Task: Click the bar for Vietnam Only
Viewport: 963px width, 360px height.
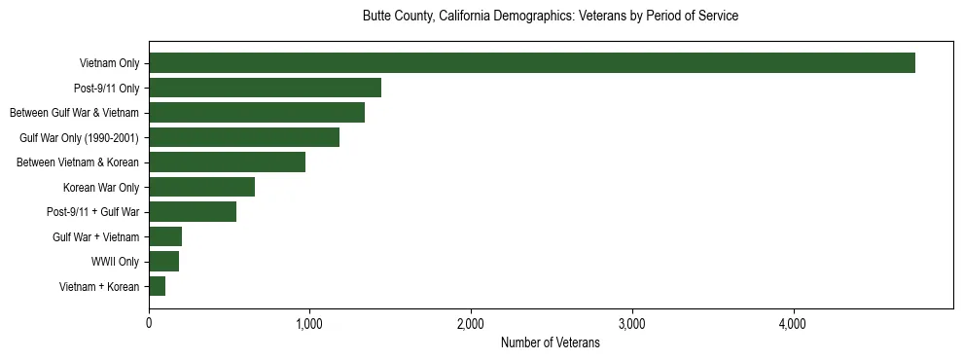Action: pyautogui.click(x=532, y=63)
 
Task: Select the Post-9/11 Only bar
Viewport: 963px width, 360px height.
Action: pyautogui.click(x=265, y=88)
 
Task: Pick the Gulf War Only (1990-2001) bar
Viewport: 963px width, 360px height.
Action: pyautogui.click(x=244, y=137)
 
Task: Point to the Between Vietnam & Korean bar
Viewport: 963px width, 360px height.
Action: pyautogui.click(x=227, y=162)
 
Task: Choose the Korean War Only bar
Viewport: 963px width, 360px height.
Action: pyautogui.click(x=201, y=187)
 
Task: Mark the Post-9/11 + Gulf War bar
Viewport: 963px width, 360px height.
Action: pyautogui.click(x=193, y=212)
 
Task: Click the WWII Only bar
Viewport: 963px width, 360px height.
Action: pyautogui.click(x=163, y=262)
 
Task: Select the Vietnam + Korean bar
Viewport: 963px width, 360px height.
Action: pyautogui.click(x=157, y=286)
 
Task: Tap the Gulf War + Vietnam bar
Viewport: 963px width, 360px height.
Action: pyautogui.click(x=165, y=236)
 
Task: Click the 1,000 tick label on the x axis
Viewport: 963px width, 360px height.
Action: pyautogui.click(x=309, y=323)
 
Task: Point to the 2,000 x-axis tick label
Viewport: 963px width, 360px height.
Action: pyautogui.click(x=471, y=323)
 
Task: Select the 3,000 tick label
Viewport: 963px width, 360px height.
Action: pyautogui.click(x=632, y=323)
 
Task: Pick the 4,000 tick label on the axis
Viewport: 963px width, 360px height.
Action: pyautogui.click(x=793, y=323)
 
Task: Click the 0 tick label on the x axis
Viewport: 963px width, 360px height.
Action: pyautogui.click(x=149, y=323)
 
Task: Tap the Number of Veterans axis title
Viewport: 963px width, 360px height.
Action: pyautogui.click(x=550, y=343)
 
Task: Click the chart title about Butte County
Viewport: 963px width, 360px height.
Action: pyautogui.click(x=550, y=17)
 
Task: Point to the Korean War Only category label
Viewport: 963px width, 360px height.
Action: pyautogui.click(x=101, y=187)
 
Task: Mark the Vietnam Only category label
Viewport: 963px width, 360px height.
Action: pyautogui.click(x=109, y=63)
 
